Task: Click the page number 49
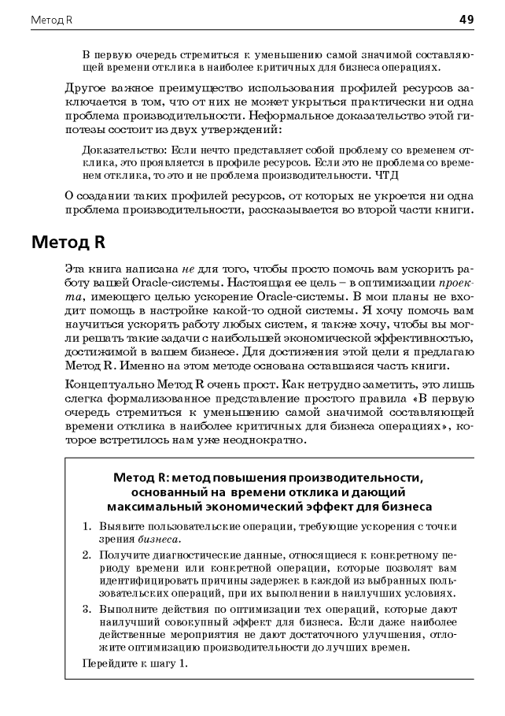(x=466, y=19)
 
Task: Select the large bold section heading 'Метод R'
(x=68, y=241)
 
